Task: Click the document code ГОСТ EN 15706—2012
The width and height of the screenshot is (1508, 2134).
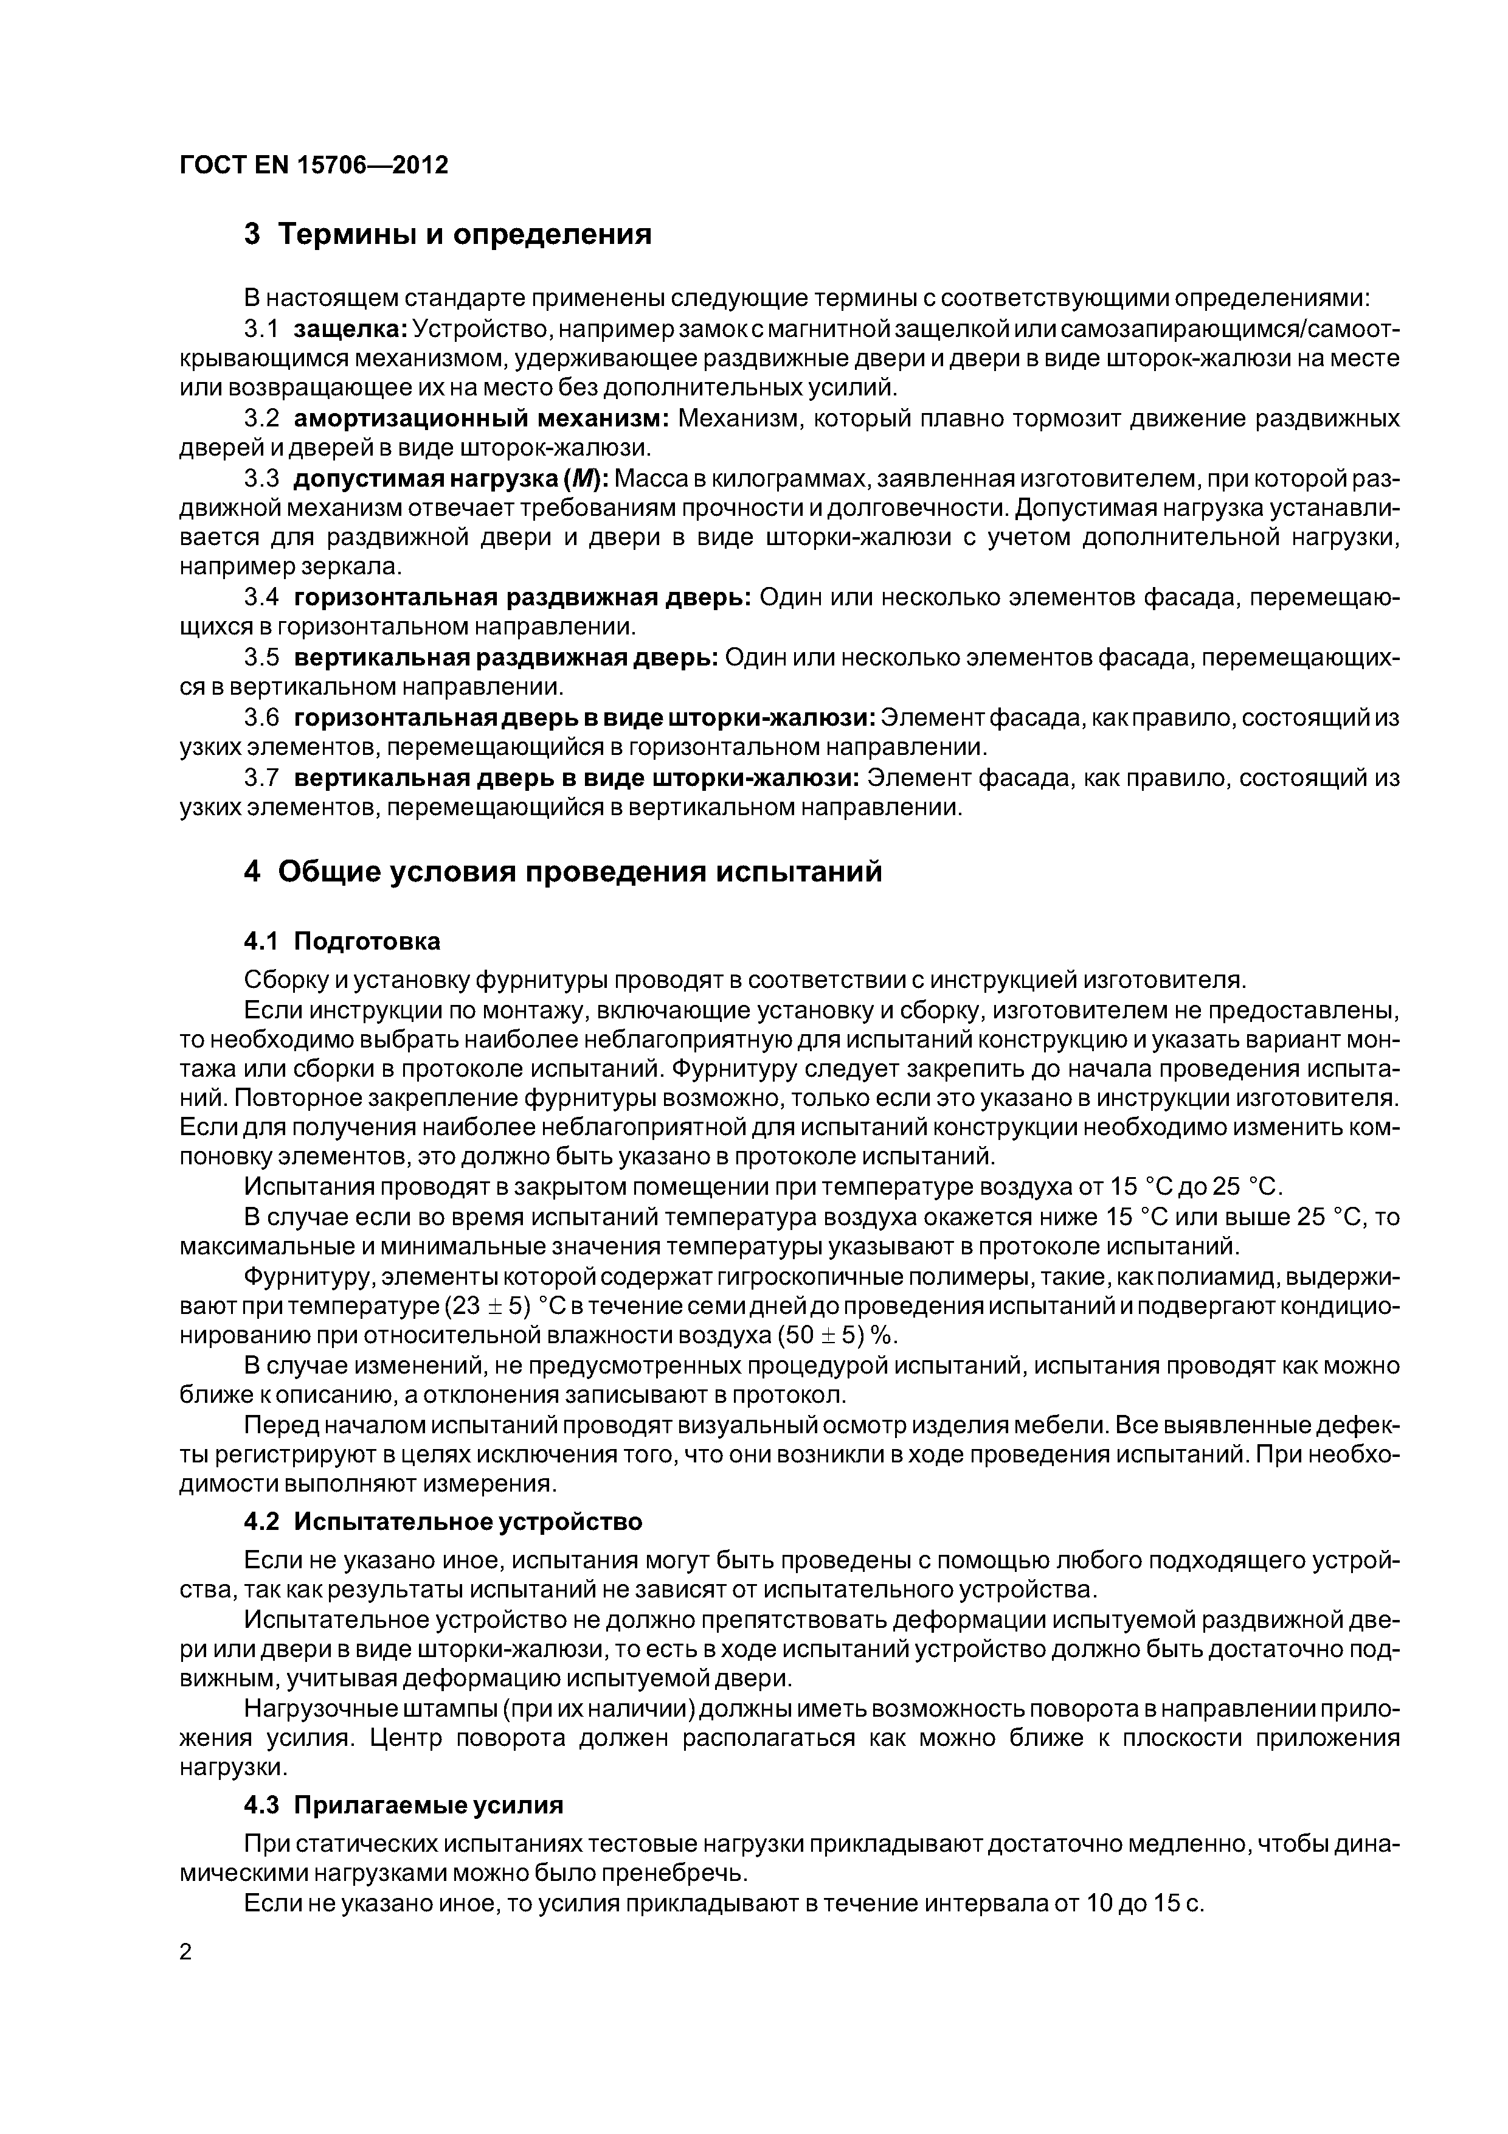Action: [x=313, y=164]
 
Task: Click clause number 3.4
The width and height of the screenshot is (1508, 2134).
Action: [x=261, y=597]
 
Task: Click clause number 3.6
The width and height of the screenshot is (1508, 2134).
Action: [x=261, y=718]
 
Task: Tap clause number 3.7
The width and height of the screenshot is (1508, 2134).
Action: [x=261, y=778]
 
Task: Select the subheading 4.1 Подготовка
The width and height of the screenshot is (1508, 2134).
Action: [x=341, y=942]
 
